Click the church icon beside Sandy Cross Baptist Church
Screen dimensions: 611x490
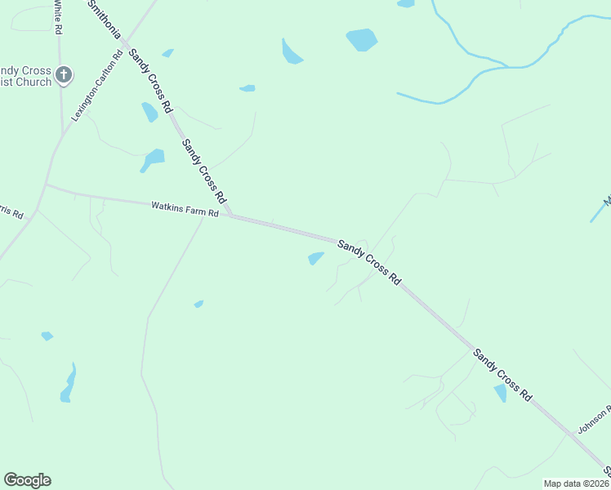point(64,75)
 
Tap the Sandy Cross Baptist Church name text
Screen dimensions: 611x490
point(25,76)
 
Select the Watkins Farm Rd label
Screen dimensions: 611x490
point(185,209)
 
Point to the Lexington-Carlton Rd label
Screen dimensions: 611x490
point(96,84)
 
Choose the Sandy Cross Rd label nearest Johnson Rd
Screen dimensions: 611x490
point(502,374)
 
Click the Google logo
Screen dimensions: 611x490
point(27,480)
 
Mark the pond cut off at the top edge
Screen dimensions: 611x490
point(405,3)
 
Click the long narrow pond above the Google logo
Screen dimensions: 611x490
point(69,385)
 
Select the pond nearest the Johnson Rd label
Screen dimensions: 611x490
point(500,393)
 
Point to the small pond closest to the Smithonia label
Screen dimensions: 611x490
point(167,53)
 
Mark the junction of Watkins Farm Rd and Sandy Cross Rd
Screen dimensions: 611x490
point(230,216)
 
